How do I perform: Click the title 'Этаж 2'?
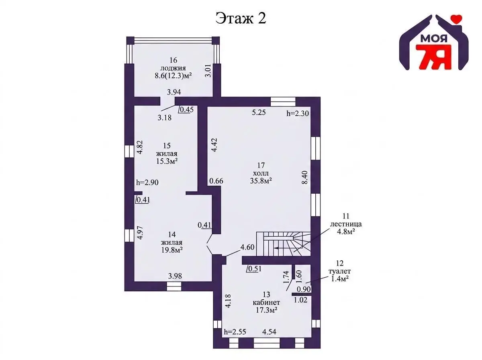pyautogui.click(x=241, y=18)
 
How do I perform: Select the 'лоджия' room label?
pyautogui.click(x=173, y=68)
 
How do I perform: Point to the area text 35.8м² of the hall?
pyautogui.click(x=261, y=180)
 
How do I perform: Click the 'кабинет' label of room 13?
pyautogui.click(x=266, y=303)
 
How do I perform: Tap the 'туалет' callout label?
pyautogui.click(x=339, y=271)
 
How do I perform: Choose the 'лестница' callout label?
pyautogui.click(x=346, y=224)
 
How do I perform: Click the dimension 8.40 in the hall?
pyautogui.click(x=305, y=178)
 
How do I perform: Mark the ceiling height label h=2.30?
pyautogui.click(x=298, y=114)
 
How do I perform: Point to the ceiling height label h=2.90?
pyautogui.click(x=147, y=182)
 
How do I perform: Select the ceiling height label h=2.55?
pyautogui.click(x=235, y=332)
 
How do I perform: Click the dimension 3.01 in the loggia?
pyautogui.click(x=208, y=70)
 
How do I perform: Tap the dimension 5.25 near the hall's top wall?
pyautogui.click(x=259, y=112)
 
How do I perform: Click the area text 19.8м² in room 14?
pyautogui.click(x=172, y=250)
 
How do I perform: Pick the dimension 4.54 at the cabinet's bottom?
pyautogui.click(x=269, y=331)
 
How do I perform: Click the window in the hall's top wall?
pyautogui.click(x=283, y=102)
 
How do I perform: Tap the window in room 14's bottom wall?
pyautogui.click(x=174, y=286)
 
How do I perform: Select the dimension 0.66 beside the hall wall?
pyautogui.click(x=216, y=181)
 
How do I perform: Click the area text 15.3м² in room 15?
pyautogui.click(x=167, y=162)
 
